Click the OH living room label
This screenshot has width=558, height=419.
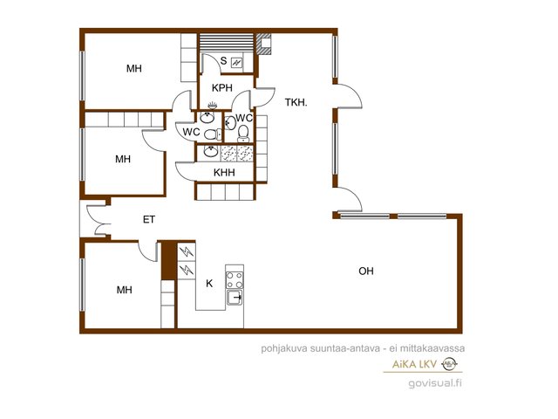pos(366,271)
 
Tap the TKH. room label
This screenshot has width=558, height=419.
pos(296,103)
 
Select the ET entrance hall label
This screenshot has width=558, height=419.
pos(149,219)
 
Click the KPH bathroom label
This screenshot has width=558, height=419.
pos(222,87)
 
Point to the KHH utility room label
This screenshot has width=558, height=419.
pos(224,173)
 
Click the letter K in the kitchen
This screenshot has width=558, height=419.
pos(209,283)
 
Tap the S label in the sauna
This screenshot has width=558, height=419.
pos(223,60)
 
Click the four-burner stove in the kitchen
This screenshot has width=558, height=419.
pos(235,279)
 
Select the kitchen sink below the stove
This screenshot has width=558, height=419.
pos(235,297)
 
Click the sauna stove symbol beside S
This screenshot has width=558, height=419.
pos(236,63)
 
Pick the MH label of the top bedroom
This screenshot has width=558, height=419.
pos(133,68)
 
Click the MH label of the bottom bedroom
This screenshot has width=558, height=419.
pos(124,290)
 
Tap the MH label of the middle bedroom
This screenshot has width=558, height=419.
pos(123,159)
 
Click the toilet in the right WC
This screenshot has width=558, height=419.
pos(243,132)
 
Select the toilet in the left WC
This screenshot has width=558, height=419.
pos(213,134)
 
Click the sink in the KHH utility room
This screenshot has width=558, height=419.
pos(211,151)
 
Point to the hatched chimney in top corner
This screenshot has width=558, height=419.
pos(263,44)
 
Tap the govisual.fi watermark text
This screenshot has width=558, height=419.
pos(435,383)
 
